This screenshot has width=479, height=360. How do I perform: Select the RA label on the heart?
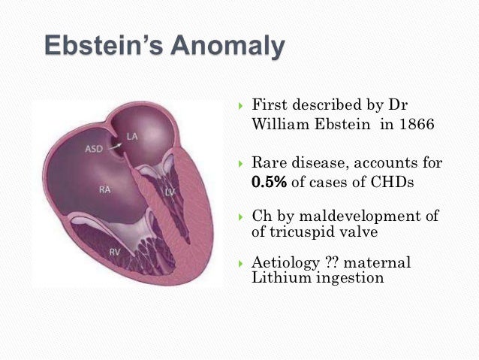pyautogui.click(x=105, y=189)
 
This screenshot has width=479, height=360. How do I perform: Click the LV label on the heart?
pyautogui.click(x=170, y=192)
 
